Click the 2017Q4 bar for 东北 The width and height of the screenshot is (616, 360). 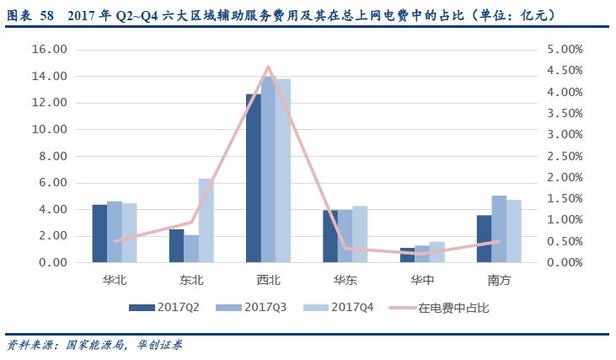[206, 220]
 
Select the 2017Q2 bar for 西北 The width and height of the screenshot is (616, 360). [253, 178]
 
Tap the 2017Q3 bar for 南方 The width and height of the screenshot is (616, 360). [499, 228]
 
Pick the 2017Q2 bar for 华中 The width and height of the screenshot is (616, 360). [407, 255]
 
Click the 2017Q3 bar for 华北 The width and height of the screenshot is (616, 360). [115, 231]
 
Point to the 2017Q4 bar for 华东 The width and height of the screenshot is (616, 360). [360, 234]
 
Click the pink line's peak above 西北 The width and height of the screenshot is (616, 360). [268, 67]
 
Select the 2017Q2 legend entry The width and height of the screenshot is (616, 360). [164, 308]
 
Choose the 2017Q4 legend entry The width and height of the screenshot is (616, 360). [341, 308]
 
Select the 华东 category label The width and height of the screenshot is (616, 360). [345, 278]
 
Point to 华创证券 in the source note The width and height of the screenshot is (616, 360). [158, 345]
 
